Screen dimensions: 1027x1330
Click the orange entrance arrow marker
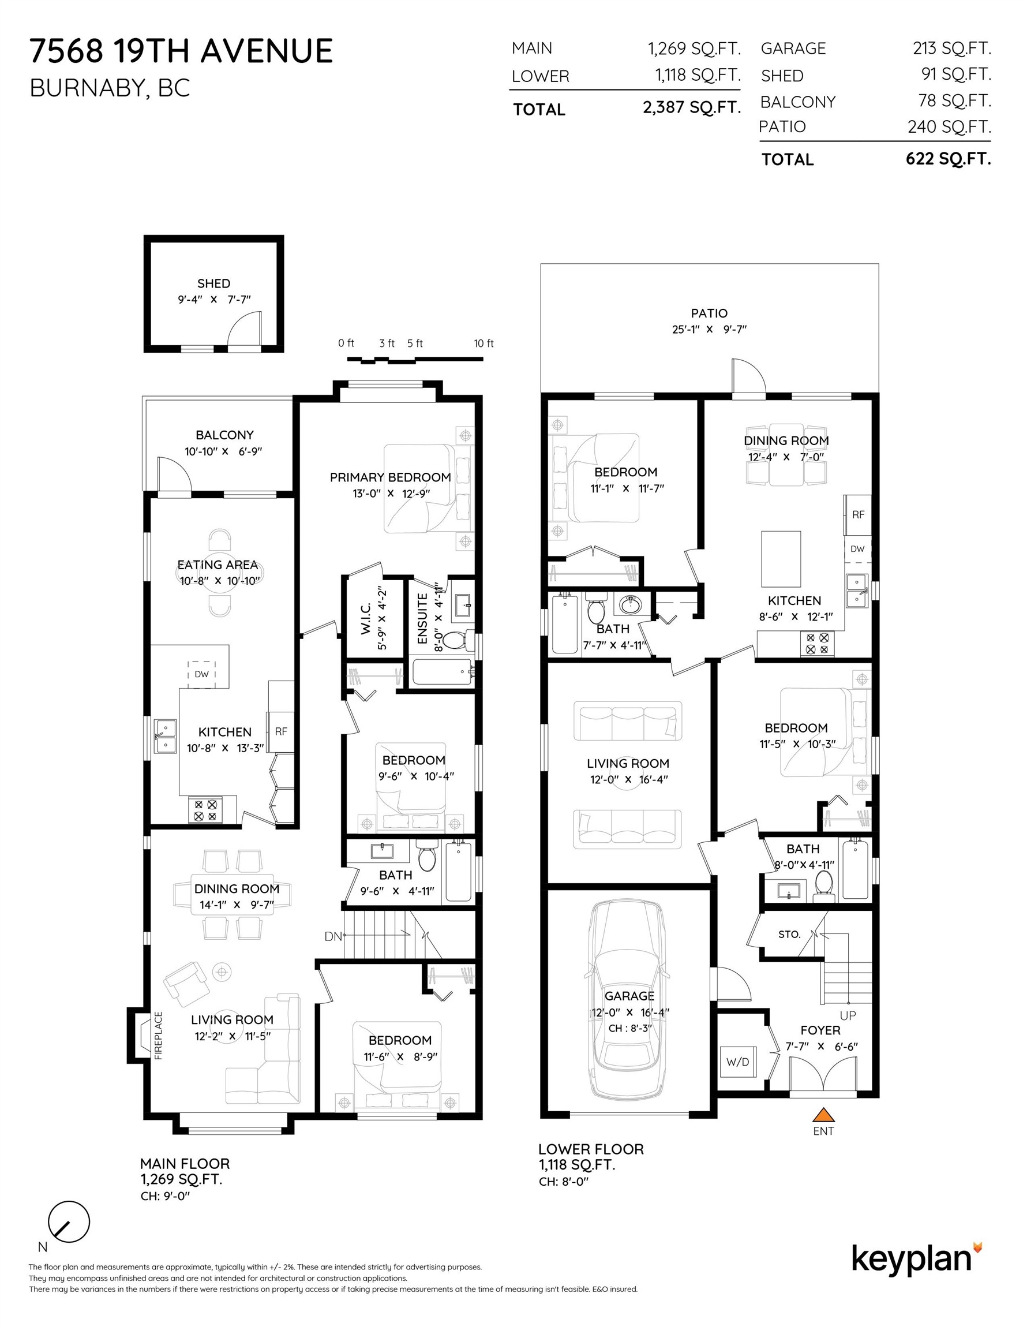(x=823, y=1115)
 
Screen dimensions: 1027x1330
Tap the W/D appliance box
(x=738, y=1062)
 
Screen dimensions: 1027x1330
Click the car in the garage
(x=628, y=1000)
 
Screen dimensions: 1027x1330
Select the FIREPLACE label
(x=158, y=1036)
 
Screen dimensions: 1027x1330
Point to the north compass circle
(x=69, y=1221)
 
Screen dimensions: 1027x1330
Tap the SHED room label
(x=213, y=283)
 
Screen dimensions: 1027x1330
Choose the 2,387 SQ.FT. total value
(x=692, y=108)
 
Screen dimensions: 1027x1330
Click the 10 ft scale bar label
(x=484, y=343)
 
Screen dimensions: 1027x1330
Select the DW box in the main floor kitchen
(x=201, y=674)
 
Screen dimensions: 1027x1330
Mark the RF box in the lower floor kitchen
(x=858, y=515)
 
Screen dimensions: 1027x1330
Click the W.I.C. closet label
(x=366, y=619)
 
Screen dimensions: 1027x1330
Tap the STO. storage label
(x=790, y=934)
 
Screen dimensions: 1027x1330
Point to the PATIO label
(x=709, y=313)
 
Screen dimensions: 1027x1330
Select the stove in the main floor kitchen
(x=206, y=810)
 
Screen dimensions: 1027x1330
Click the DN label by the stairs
(x=333, y=937)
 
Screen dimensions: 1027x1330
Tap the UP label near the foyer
(x=848, y=1015)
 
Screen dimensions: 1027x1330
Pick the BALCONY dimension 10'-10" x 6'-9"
(x=224, y=451)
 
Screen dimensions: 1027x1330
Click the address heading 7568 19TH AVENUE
(x=181, y=51)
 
